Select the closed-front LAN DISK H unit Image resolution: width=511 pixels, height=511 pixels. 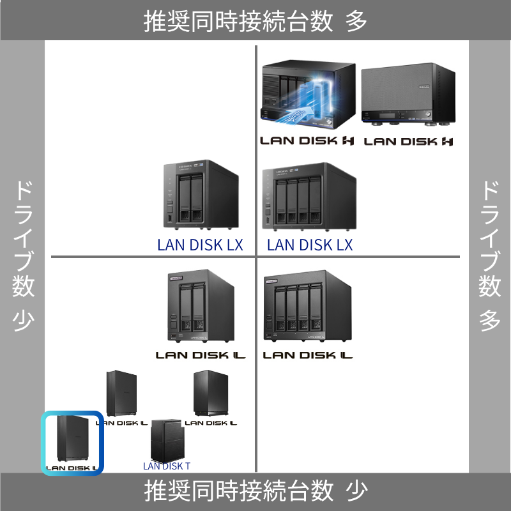[407, 95]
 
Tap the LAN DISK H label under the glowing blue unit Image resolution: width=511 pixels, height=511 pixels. [307, 141]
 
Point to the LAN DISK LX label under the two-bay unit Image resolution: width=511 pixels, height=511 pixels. [200, 245]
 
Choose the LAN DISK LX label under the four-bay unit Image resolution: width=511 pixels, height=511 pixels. [310, 245]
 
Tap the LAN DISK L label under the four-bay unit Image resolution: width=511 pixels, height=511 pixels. [308, 355]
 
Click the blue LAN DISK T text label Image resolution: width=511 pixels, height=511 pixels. [167, 466]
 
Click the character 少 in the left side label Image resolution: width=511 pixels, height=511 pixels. [23, 319]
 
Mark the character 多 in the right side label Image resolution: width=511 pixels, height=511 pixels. [490, 319]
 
